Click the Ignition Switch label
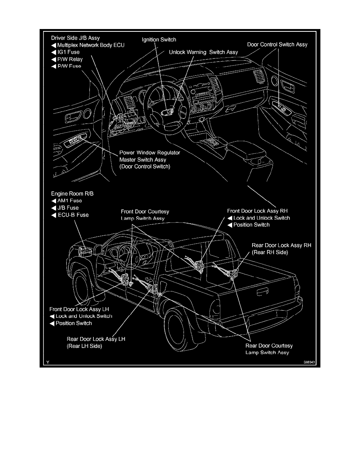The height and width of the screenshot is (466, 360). pyautogui.click(x=159, y=40)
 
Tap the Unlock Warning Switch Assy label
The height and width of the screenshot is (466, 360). pyautogui.click(x=198, y=52)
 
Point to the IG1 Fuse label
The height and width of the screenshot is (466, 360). pyautogui.click(x=69, y=52)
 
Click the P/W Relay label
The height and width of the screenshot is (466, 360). pyautogui.click(x=70, y=59)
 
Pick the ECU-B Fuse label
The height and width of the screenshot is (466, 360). pyautogui.click(x=73, y=215)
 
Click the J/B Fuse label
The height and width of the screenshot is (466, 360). pyautogui.click(x=68, y=208)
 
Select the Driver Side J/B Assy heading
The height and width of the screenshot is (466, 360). pyautogui.click(x=76, y=38)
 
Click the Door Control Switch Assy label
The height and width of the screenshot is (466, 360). pyautogui.click(x=277, y=44)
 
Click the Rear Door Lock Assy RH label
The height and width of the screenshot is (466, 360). pyautogui.click(x=281, y=245)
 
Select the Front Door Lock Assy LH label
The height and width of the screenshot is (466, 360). pyautogui.click(x=81, y=309)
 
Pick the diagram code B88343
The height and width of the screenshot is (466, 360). pyautogui.click(x=309, y=363)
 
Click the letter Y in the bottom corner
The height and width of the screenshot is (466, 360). pyautogui.click(x=47, y=363)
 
